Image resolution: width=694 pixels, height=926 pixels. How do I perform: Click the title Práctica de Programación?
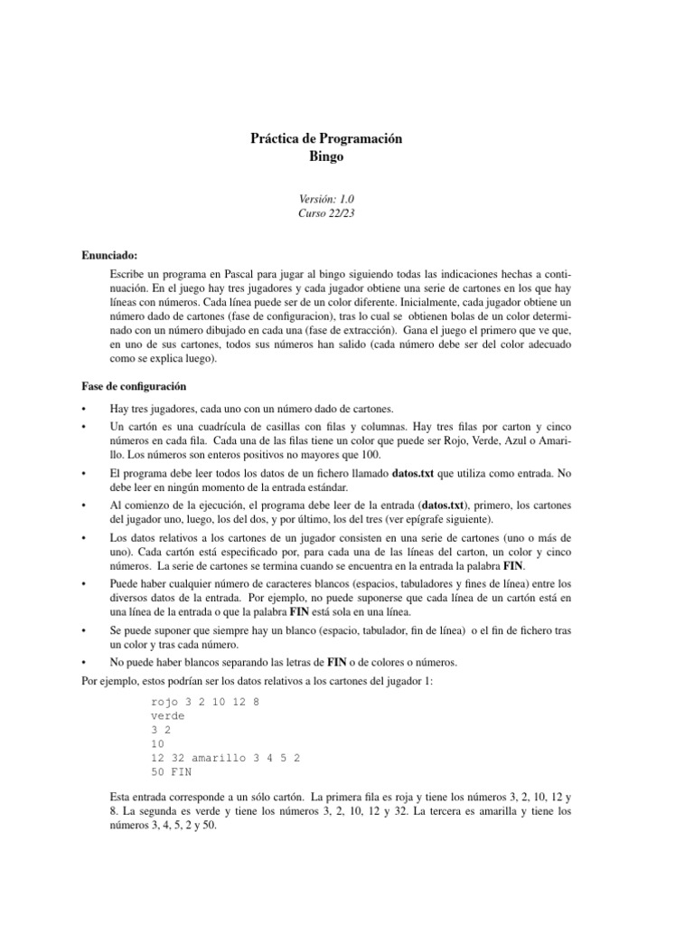pyautogui.click(x=325, y=139)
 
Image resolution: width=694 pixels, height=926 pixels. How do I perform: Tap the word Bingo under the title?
pyautogui.click(x=325, y=156)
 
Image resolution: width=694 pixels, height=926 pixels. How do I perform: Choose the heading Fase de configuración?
pyautogui.click(x=135, y=386)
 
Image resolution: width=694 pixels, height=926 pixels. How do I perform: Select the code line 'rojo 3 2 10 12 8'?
pyautogui.click(x=205, y=701)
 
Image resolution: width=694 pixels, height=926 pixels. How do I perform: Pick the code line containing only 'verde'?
pyautogui.click(x=167, y=715)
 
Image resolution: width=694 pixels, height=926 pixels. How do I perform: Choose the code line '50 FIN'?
pyautogui.click(x=171, y=773)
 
